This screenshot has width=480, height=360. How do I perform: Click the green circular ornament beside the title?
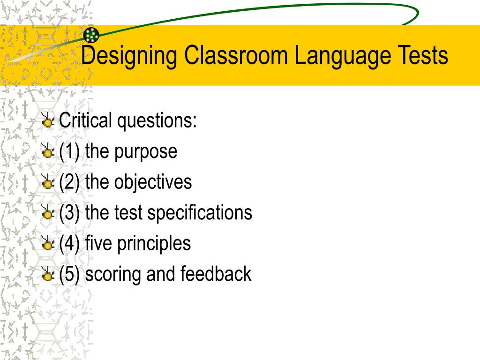[x=91, y=34]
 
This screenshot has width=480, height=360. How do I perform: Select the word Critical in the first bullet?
[x=85, y=121]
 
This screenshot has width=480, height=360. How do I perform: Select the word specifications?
[x=200, y=213]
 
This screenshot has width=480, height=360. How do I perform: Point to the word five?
[x=99, y=243]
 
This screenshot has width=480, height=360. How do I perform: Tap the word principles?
[x=154, y=244]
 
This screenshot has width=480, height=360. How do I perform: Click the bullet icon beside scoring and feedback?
[x=47, y=274]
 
